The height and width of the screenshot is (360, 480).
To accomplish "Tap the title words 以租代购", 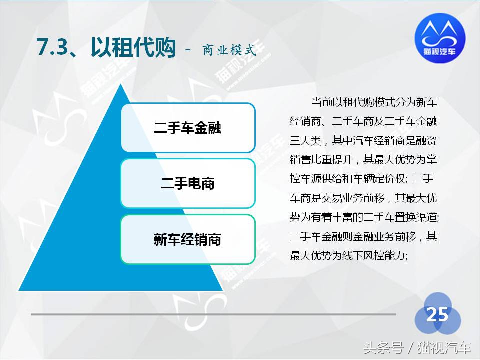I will (x=133, y=48).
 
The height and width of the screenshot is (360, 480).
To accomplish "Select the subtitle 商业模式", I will (x=229, y=50).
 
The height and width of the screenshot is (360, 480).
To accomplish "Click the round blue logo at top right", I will (x=440, y=36).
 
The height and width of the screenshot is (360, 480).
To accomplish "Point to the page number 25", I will (x=437, y=315).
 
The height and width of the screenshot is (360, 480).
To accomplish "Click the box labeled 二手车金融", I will (x=188, y=128).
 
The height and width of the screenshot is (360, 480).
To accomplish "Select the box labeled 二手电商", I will (x=188, y=183).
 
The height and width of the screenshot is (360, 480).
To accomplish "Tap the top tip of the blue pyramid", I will (x=120, y=86).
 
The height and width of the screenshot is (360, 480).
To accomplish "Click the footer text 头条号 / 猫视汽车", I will (x=417, y=347).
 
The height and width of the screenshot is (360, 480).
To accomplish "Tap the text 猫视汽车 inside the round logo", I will (x=440, y=50).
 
